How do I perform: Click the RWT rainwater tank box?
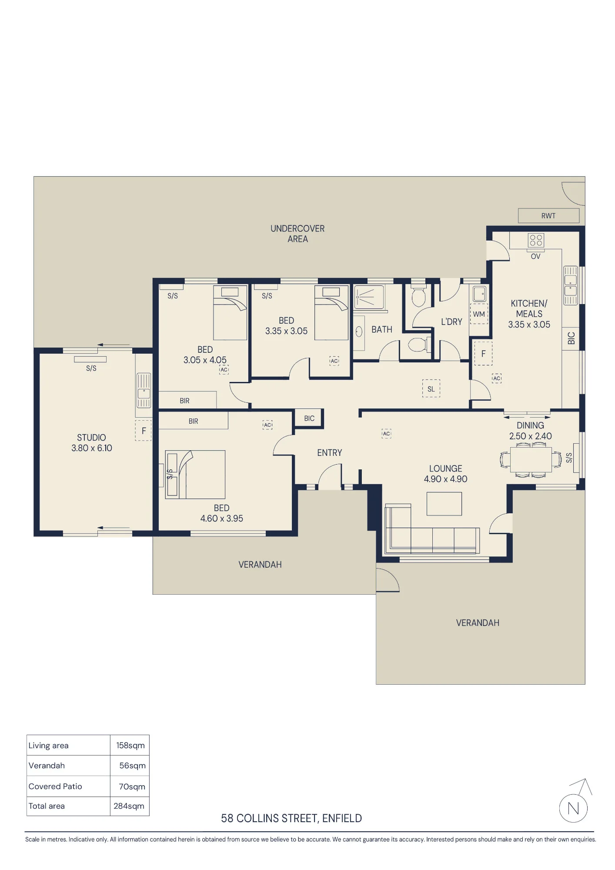(548, 215)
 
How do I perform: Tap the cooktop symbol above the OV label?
(536, 240)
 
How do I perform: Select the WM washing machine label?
(479, 314)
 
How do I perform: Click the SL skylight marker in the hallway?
(431, 389)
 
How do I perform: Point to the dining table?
(531, 460)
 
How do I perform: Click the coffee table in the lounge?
(444, 504)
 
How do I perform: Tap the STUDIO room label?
(91, 438)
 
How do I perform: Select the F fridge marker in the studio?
(144, 431)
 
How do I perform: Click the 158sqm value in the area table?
(130, 745)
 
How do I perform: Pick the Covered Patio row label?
(55, 786)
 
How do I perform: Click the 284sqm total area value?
(129, 806)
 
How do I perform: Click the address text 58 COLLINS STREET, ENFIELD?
(291, 818)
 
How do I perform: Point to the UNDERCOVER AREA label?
(297, 234)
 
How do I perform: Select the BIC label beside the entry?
(309, 418)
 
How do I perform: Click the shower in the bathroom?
(369, 297)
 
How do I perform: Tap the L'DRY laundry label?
(451, 322)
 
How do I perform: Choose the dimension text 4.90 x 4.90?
(446, 479)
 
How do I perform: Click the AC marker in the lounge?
(386, 433)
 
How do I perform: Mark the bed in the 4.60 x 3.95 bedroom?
(195, 475)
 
